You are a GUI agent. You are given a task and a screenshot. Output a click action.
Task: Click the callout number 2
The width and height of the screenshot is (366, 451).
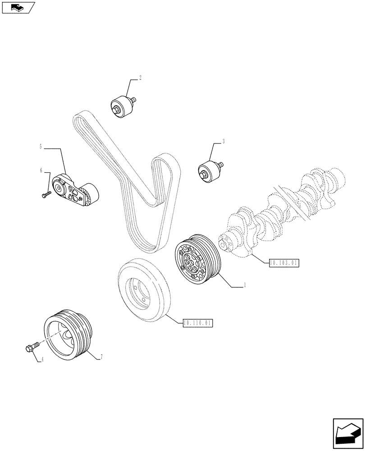point(140,78)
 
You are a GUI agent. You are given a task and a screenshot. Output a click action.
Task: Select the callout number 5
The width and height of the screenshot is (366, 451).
point(41,147)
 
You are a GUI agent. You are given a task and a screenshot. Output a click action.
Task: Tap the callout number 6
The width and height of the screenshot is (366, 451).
point(41,170)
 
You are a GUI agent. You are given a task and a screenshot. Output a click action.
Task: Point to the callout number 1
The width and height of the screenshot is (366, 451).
point(244,285)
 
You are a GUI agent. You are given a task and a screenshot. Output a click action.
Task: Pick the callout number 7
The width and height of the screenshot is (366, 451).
point(102,357)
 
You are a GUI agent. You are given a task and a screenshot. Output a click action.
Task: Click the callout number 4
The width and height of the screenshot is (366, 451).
point(42,359)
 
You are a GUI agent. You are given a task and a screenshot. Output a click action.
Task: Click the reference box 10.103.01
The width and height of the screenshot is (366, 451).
point(284,262)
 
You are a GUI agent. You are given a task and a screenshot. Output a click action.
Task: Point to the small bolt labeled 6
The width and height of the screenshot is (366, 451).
point(46,194)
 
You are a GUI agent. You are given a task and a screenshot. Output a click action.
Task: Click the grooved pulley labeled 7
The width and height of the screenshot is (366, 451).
point(69,334)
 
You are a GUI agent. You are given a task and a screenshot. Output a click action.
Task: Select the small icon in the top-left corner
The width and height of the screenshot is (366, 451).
point(18,7)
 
